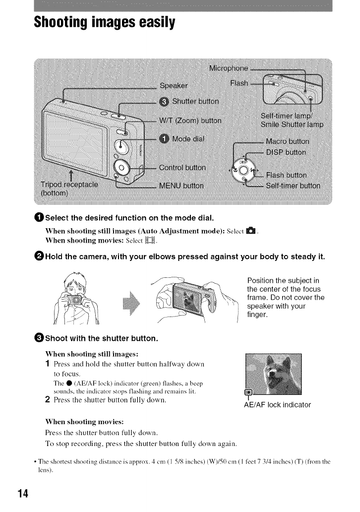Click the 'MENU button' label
pyautogui.click(x=181, y=186)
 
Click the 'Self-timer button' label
pyautogui.click(x=293, y=186)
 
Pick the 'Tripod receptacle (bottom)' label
pyautogui.click(x=70, y=189)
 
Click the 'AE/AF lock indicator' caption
pyautogui.click(x=278, y=405)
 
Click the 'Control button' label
pyautogui.click(x=182, y=167)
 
